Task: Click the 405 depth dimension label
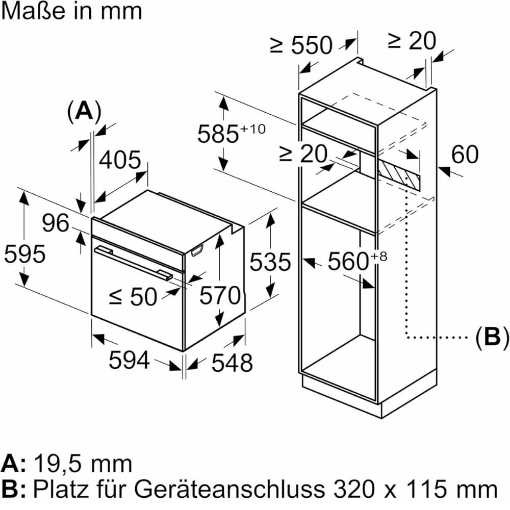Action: point(120,161)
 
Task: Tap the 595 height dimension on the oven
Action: point(24,253)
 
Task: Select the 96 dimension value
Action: point(55,223)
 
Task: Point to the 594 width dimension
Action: point(129,361)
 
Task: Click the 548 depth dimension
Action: point(232,363)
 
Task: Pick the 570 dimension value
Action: point(219,295)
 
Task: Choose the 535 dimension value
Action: point(270,262)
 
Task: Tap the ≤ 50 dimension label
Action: point(134,296)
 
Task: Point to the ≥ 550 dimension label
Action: point(301,46)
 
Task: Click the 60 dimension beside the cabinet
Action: point(465,155)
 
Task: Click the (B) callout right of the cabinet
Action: point(492,337)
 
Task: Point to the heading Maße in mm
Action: point(71,11)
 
